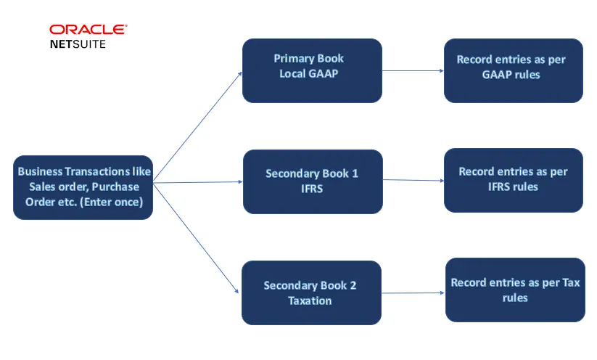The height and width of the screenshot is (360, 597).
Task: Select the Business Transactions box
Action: (x=83, y=187)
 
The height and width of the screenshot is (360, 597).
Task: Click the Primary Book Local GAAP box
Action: (x=311, y=70)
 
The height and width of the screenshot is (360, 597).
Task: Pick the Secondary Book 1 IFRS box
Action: (x=312, y=181)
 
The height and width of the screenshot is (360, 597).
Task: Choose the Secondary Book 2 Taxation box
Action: (x=311, y=292)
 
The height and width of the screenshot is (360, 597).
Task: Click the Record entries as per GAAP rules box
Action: (x=512, y=70)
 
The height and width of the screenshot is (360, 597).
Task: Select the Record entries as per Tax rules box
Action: (x=515, y=290)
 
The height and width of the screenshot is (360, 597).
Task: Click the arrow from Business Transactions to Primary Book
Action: (x=197, y=127)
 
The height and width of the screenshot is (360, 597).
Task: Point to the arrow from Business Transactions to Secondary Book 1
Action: (x=197, y=182)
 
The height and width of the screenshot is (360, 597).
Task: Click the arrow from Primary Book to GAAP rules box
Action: (x=412, y=71)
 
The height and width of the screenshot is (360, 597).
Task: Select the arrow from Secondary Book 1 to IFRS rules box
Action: (x=413, y=180)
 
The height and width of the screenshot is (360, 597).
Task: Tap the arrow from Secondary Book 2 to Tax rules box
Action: (x=413, y=293)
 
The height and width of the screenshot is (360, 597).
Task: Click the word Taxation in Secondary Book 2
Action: (x=310, y=300)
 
